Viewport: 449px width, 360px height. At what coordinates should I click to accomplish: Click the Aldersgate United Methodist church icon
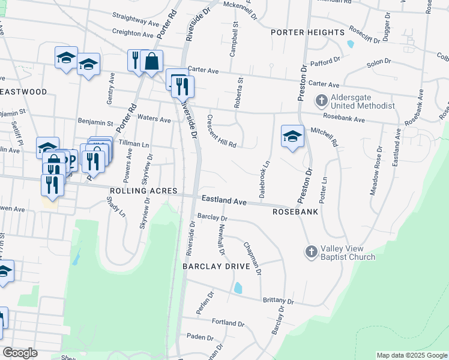321,101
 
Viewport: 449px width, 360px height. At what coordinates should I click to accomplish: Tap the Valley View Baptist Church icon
311,251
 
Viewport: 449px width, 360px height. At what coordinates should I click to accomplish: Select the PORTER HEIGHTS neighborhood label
307,32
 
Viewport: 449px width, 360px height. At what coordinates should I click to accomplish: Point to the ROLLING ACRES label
143,191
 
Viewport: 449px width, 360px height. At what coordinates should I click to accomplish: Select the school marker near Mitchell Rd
292,136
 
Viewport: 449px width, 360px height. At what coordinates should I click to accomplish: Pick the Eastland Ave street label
224,200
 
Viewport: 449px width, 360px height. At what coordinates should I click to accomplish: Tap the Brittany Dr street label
278,301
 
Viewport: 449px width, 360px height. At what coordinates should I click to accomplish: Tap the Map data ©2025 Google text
412,355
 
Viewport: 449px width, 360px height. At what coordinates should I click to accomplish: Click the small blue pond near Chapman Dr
238,288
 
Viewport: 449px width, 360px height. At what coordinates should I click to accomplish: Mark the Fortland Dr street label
228,322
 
